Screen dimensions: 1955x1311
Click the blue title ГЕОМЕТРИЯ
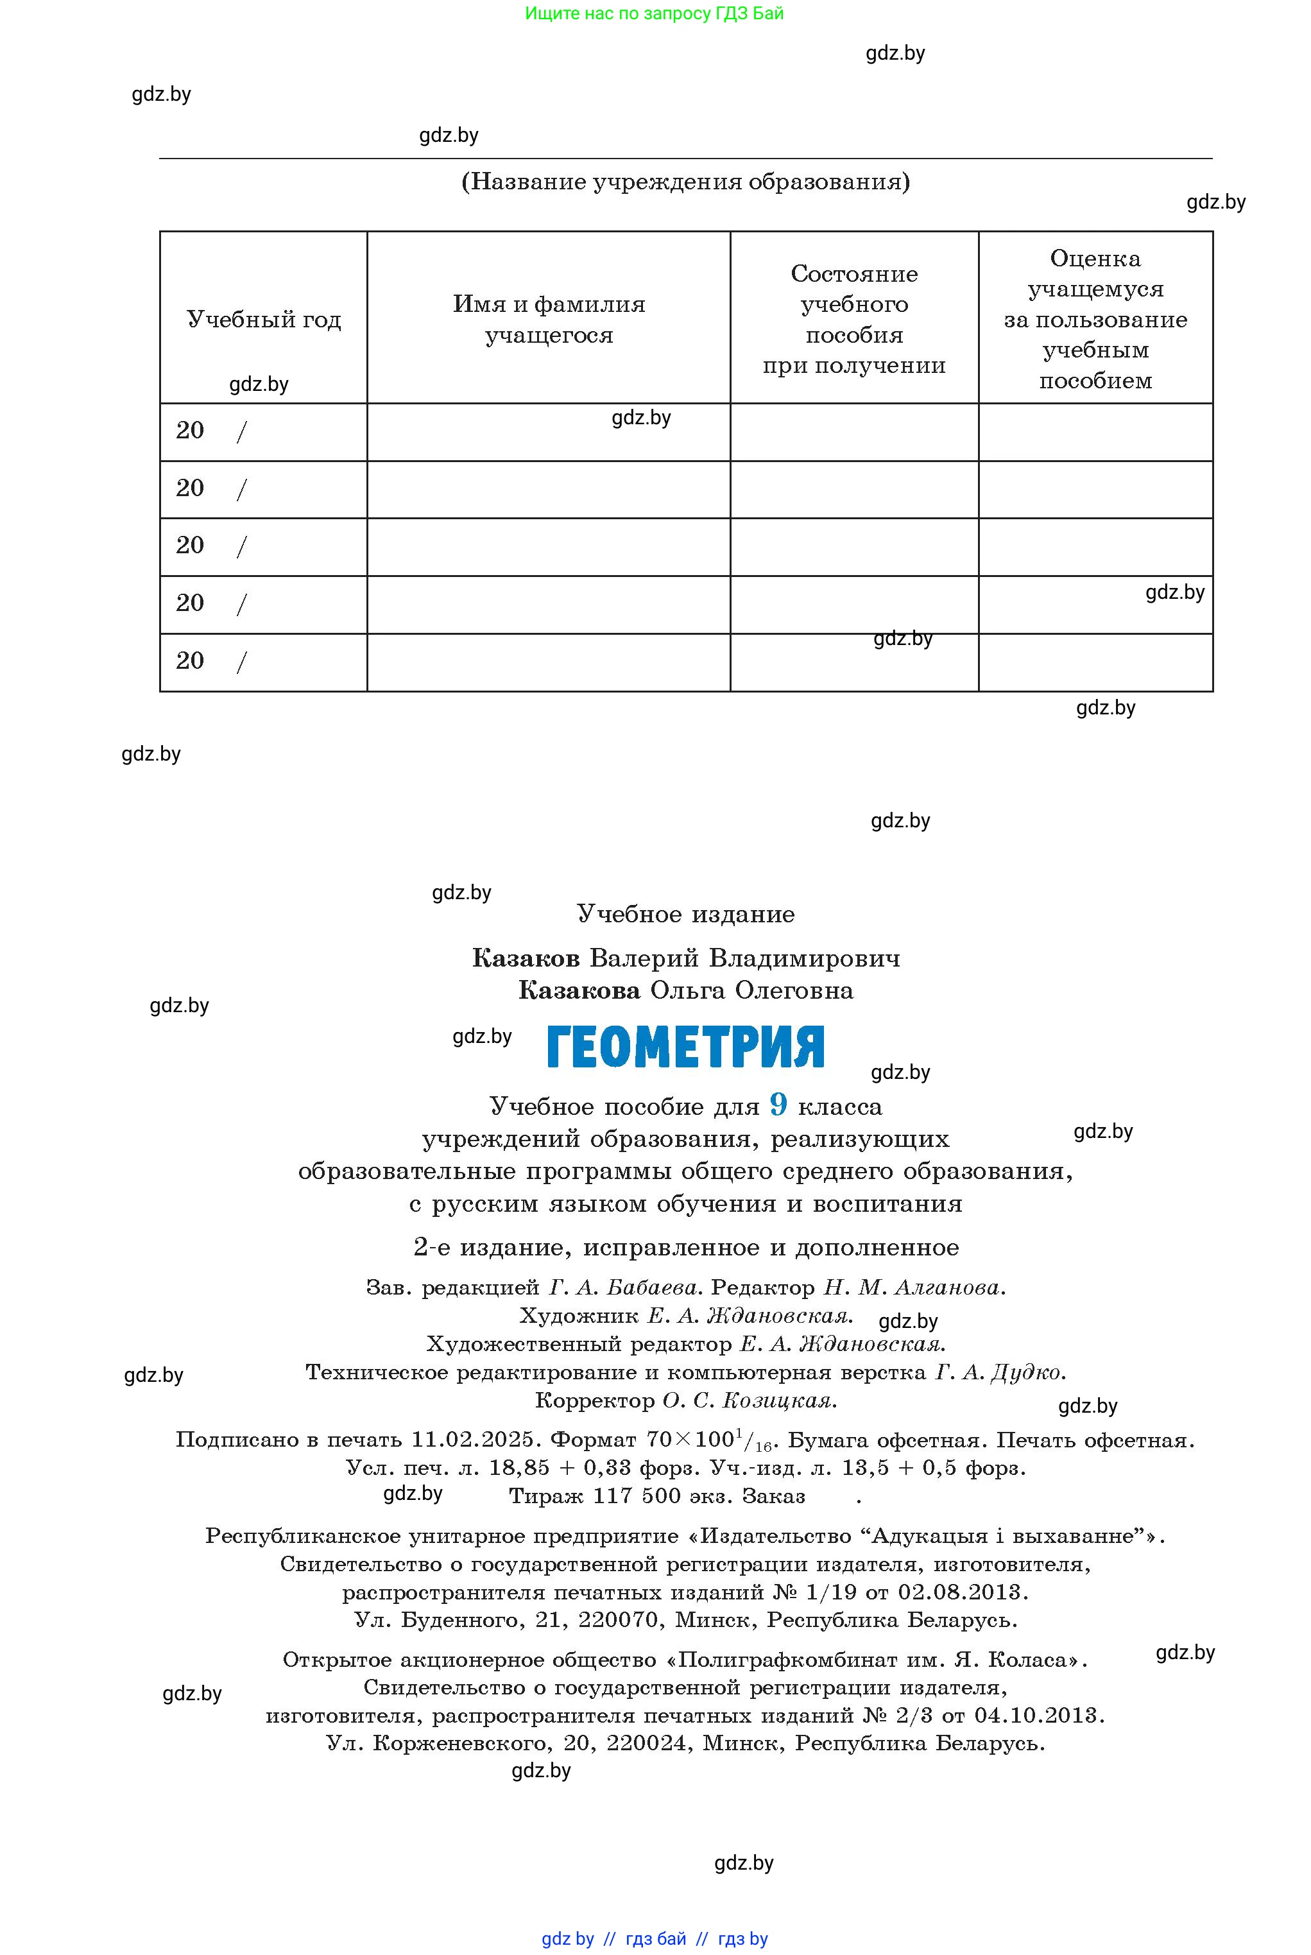point(685,1046)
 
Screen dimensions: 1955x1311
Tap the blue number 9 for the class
point(778,1105)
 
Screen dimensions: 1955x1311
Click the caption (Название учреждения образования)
point(685,182)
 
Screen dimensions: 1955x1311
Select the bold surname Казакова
point(579,990)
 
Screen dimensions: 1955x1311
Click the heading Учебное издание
point(685,914)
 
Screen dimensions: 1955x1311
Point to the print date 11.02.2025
point(472,1439)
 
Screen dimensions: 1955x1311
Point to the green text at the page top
point(655,13)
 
